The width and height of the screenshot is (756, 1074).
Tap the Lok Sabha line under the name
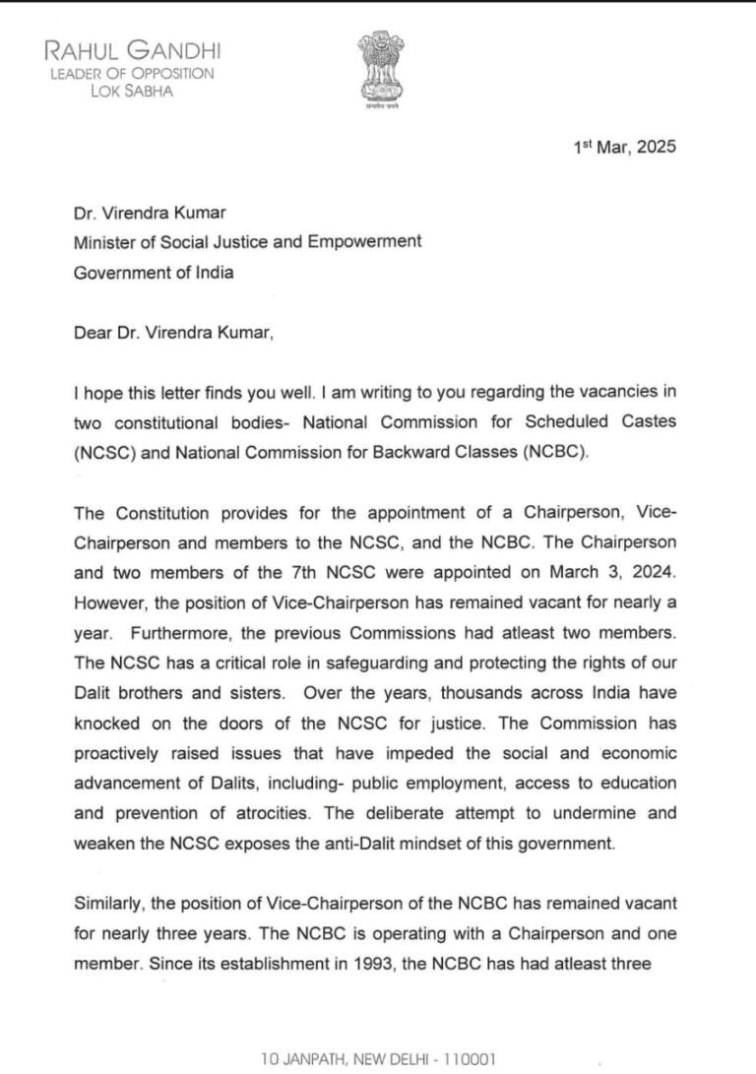133,91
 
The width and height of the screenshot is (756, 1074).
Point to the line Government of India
155,273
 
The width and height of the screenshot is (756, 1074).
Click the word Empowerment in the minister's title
375,241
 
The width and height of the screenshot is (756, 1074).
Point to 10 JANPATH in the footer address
300,1059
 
